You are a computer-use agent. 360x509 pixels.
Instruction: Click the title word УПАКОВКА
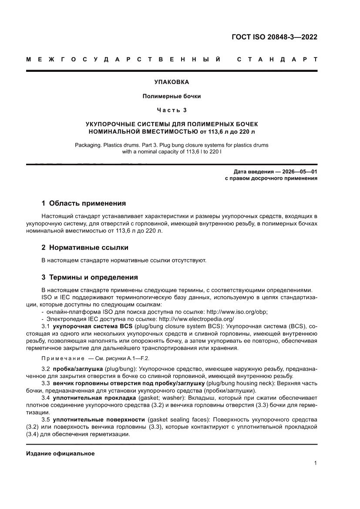pyautogui.click(x=172, y=82)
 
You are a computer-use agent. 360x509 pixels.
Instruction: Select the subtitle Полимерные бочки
pyautogui.click(x=172, y=96)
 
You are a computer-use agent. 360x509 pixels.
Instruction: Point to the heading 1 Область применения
pyautogui.click(x=84, y=203)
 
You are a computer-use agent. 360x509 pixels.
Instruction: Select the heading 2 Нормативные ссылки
pyautogui.click(x=85, y=247)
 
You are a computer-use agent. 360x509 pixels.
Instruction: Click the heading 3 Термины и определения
pyautogui.click(x=89, y=277)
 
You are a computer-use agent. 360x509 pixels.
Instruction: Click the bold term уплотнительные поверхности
pyautogui.click(x=99, y=419)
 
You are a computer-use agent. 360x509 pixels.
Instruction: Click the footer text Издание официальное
pyautogui.click(x=61, y=454)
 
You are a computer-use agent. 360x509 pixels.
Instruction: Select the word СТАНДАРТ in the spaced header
pyautogui.click(x=277, y=59)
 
